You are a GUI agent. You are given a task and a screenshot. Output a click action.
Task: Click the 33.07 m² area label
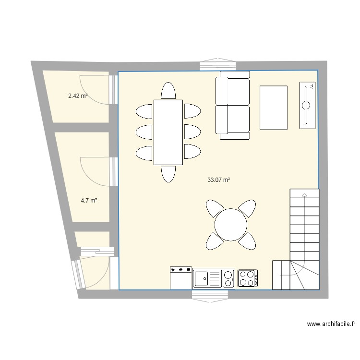(218, 180)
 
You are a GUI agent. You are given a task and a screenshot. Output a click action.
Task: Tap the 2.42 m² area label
(78, 96)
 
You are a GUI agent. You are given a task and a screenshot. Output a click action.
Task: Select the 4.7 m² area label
(89, 201)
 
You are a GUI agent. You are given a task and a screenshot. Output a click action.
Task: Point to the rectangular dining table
(168, 132)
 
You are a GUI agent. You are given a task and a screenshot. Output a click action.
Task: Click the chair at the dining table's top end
(168, 91)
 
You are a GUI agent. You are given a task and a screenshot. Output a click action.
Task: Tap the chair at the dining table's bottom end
(168, 173)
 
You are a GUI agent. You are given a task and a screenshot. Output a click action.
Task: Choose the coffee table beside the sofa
(274, 108)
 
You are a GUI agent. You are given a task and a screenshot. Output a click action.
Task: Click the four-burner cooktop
(248, 278)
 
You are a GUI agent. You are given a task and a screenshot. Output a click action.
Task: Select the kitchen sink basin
(202, 278)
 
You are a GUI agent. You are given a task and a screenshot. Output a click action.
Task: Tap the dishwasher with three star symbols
(181, 278)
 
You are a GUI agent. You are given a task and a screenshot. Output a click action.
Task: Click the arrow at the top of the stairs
(304, 195)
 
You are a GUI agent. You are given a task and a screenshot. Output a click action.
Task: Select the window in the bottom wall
(211, 294)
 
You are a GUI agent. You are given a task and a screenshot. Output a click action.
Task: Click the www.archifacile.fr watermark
(331, 324)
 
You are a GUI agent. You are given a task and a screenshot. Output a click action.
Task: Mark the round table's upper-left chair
(214, 208)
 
